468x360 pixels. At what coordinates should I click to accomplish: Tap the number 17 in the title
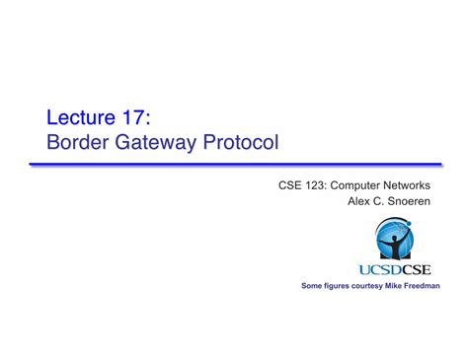coord(134,117)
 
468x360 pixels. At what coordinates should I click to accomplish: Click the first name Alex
coord(359,201)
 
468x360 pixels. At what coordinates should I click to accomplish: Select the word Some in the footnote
coord(312,286)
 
